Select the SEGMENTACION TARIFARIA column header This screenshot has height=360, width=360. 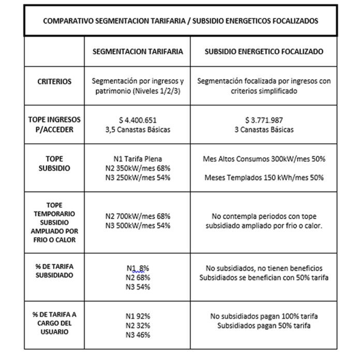[137, 52]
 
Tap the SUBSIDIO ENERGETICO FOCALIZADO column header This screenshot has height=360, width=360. [264, 52]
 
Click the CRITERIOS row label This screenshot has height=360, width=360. [54, 81]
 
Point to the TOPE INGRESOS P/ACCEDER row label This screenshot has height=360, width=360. [54, 124]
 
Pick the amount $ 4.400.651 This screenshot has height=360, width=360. [138, 120]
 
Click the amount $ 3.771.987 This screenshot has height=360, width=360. [264, 120]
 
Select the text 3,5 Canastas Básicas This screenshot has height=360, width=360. [138, 129]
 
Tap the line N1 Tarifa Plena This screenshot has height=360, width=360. [138, 159]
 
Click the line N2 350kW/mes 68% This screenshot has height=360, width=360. [138, 168]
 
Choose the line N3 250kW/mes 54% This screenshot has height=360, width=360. [138, 177]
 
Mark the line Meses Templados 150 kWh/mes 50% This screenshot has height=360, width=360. [264, 177]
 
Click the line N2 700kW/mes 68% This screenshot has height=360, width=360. [138, 216]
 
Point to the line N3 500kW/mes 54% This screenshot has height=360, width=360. [138, 225]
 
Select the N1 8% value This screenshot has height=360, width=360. [138, 268]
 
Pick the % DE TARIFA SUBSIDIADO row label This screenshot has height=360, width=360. [54, 271]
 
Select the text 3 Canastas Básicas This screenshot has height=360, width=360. [264, 129]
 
